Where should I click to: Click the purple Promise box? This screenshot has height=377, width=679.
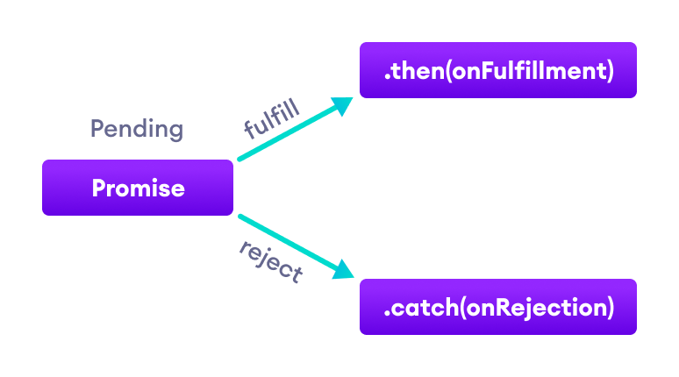[x=138, y=188]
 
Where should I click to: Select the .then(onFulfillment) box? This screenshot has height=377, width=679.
[x=497, y=70]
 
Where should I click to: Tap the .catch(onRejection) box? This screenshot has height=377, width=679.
[x=497, y=307]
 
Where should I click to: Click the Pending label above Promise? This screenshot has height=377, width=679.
[x=137, y=130]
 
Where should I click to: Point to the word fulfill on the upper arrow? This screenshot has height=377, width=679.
[x=272, y=118]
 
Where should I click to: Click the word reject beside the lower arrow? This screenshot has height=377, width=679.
[x=271, y=260]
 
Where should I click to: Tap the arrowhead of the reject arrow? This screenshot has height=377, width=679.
[x=345, y=271]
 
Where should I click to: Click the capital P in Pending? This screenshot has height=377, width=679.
[x=96, y=130]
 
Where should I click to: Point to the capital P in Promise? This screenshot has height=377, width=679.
[x=98, y=188]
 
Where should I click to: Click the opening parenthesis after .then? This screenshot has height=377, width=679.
[x=448, y=71]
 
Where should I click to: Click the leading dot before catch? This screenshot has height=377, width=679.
[x=387, y=313]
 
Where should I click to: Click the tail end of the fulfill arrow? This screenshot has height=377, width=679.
[x=240, y=160]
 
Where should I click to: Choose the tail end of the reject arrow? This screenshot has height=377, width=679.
[x=240, y=216]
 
